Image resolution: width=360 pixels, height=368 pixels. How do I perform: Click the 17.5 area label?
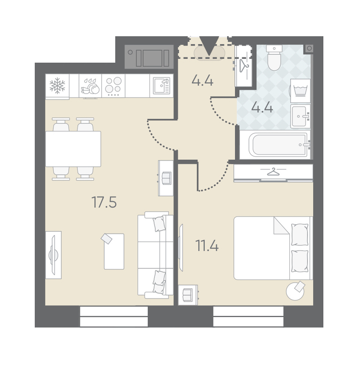coord(104,202)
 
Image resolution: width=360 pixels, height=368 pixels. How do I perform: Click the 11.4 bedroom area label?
coord(207,246)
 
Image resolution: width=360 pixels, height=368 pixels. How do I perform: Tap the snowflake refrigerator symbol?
coord(57,86)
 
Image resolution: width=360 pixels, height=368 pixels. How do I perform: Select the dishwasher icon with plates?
coord(90,86)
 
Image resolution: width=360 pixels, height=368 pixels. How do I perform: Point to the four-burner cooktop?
coord(113,86)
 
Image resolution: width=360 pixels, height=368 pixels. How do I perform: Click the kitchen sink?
coord(162,86)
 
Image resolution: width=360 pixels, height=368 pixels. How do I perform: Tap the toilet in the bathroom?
coord(274,58)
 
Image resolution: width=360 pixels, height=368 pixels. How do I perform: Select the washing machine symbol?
coord(300,91)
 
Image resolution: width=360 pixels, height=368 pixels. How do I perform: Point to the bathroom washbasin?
coord(300,116)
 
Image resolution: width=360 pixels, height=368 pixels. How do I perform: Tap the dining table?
coord(73,149)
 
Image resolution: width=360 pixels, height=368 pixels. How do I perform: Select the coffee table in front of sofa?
coord(114,251)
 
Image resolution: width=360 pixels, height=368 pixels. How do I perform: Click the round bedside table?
coord(295,291)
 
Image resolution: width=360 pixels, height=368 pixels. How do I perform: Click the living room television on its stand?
coord(53,255)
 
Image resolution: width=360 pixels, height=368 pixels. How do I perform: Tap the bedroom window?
coord(248,316)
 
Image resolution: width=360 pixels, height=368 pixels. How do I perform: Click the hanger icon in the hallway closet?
coord(244,65)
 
